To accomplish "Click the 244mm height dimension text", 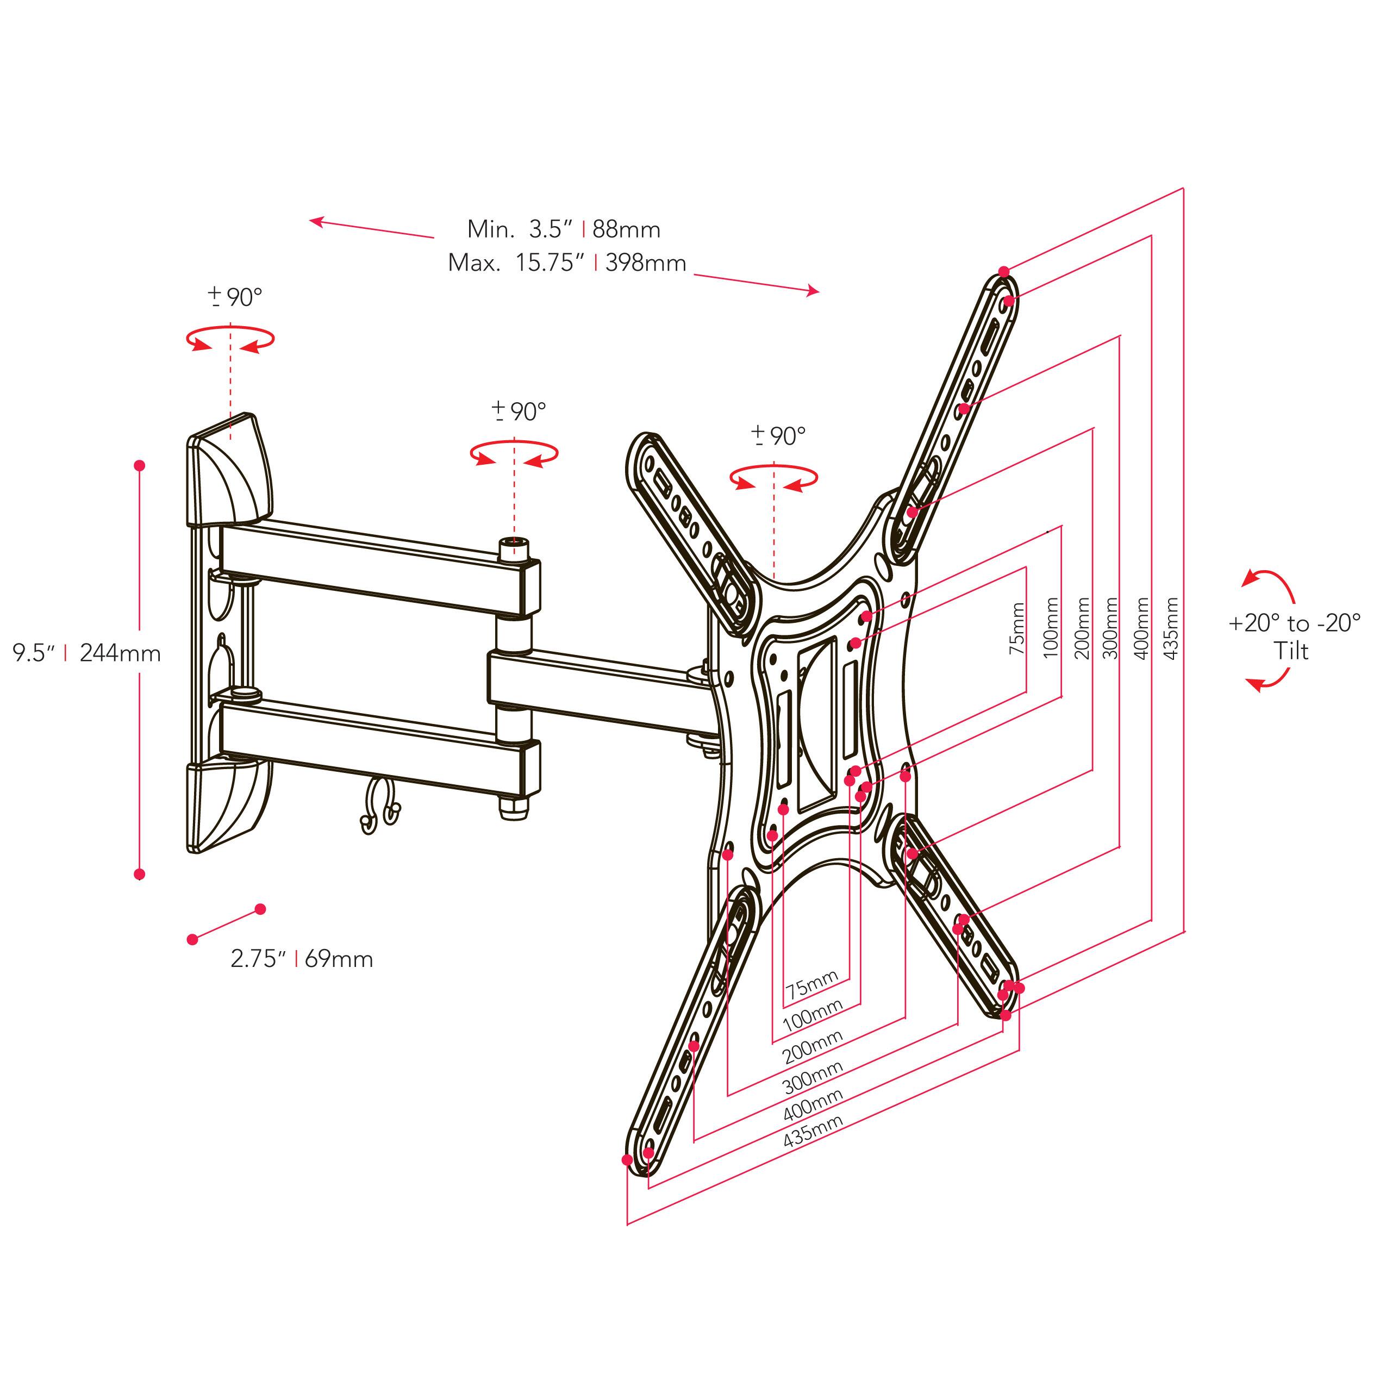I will click(x=120, y=653).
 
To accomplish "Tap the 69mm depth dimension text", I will click(x=339, y=959).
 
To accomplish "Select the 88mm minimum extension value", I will click(x=626, y=229).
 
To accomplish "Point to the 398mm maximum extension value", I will click(x=645, y=263).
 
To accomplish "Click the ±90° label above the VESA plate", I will click(x=778, y=435).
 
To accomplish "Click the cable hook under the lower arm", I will click(x=381, y=808).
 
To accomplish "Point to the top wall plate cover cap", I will click(x=228, y=472).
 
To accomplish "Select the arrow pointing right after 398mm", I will click(x=756, y=283).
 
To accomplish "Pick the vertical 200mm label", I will click(x=1083, y=628).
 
